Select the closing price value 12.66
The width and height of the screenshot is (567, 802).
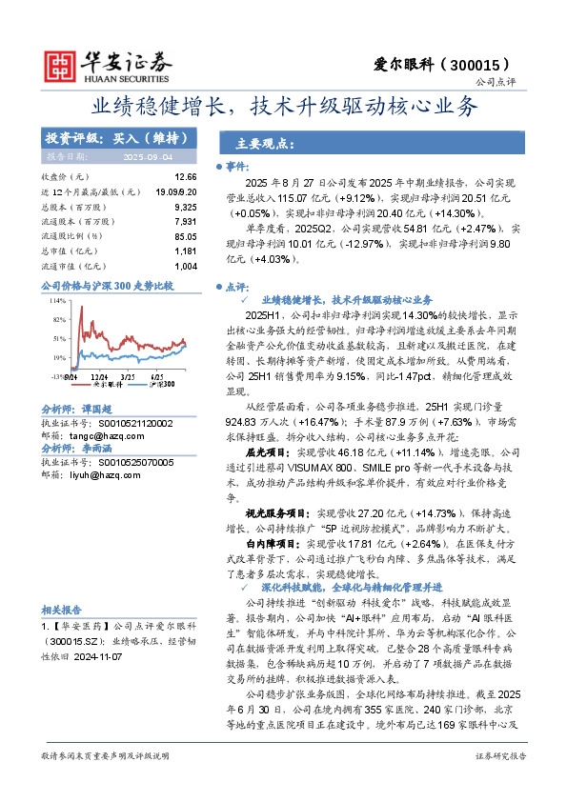(x=186, y=177)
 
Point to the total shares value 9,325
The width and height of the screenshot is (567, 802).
(x=186, y=207)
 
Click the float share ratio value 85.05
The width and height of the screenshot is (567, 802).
(x=186, y=236)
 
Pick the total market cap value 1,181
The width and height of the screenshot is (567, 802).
(x=186, y=251)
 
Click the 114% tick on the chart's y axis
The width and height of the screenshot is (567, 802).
(x=58, y=301)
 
